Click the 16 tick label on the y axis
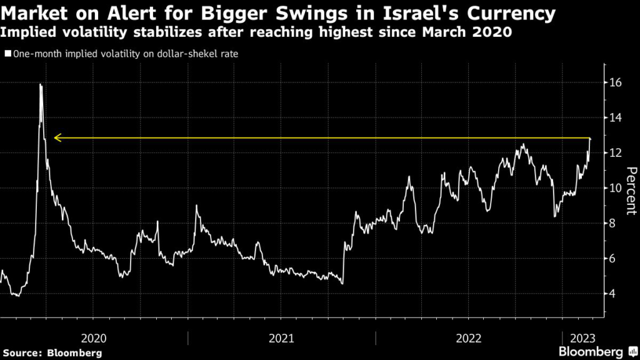(616, 82)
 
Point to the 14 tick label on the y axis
(616, 117)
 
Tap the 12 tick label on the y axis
(616, 153)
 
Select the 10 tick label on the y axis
(616, 188)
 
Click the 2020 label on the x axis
(94, 338)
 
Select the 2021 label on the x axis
(281, 338)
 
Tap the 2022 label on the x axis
(469, 338)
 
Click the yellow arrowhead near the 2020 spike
(56, 137)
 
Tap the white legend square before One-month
(7, 54)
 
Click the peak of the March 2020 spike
(41, 84)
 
